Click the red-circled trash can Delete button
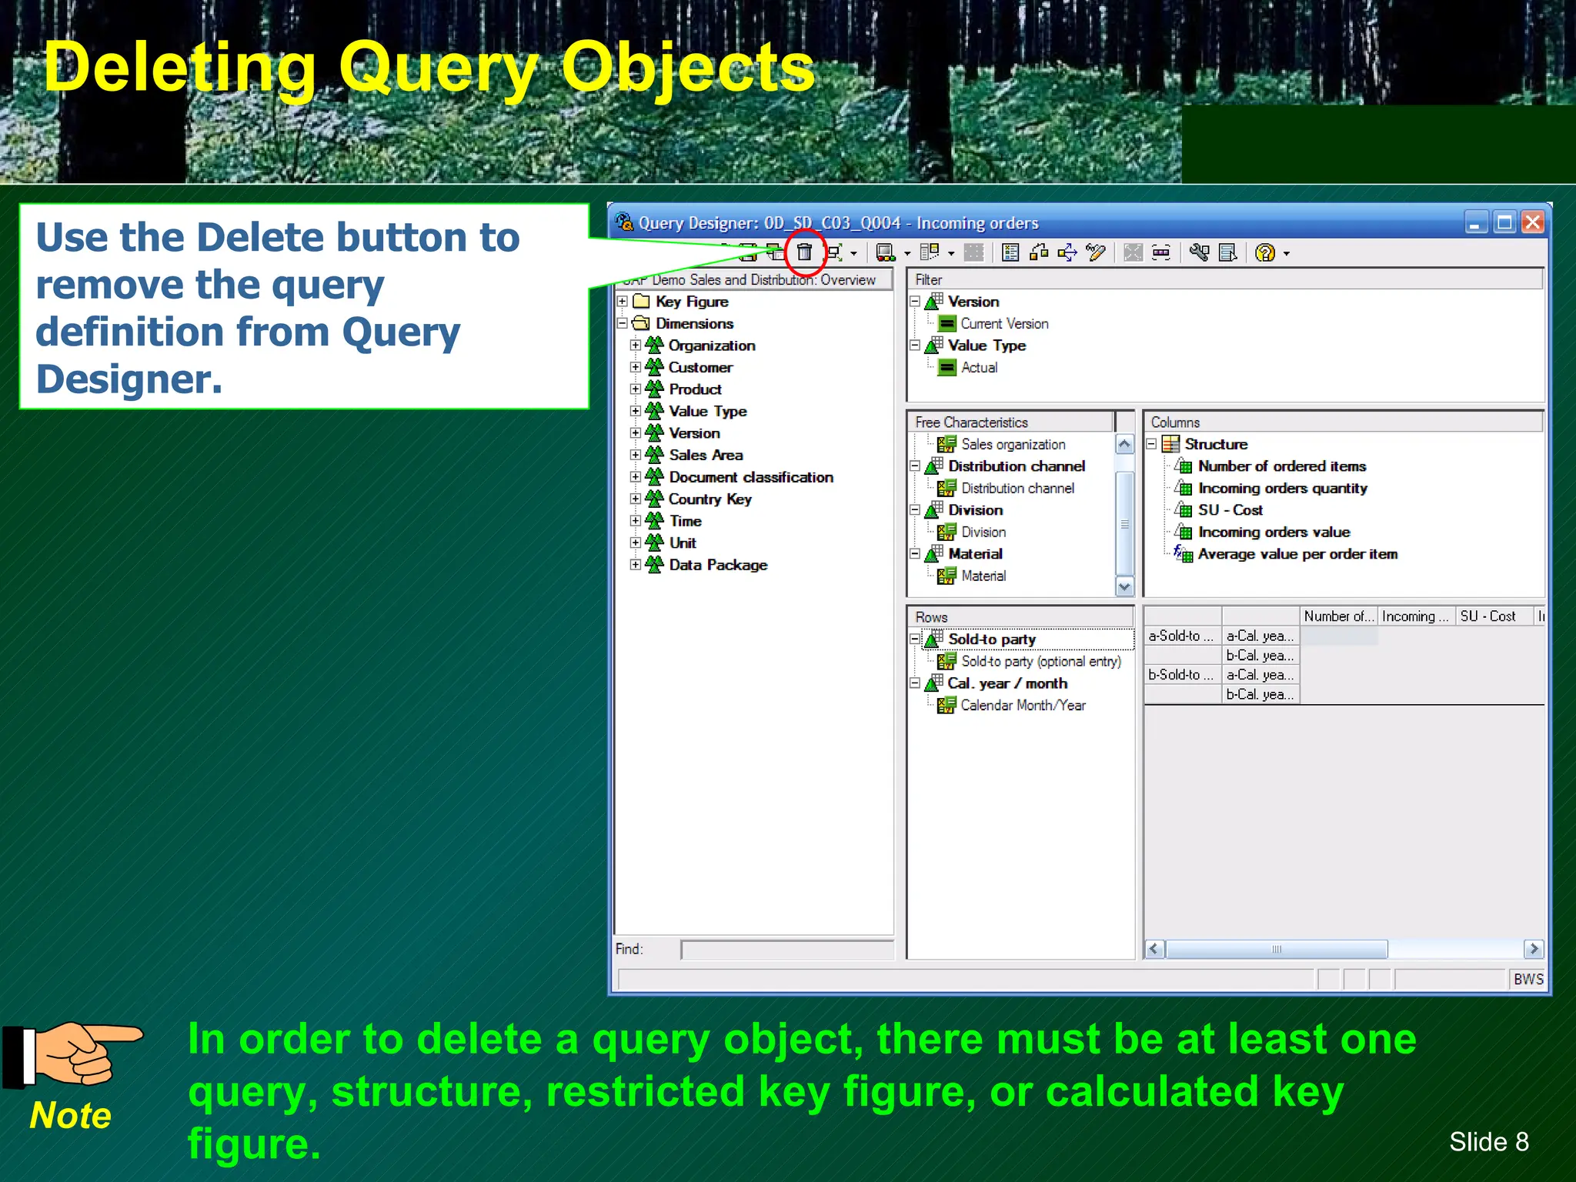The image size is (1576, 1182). [x=804, y=252]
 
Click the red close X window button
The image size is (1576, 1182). [x=1532, y=223]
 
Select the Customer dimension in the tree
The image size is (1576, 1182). [x=700, y=368]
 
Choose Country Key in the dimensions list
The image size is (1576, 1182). [x=710, y=499]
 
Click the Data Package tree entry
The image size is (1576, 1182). [x=717, y=566]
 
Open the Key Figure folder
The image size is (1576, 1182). [x=691, y=302]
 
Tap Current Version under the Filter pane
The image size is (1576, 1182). [x=1003, y=324]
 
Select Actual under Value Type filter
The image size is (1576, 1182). [x=978, y=368]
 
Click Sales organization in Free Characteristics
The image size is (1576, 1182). [x=1013, y=445]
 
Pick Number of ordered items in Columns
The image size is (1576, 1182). [x=1281, y=466]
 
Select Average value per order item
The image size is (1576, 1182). [x=1297, y=554]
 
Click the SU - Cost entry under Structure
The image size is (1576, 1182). [x=1230, y=510]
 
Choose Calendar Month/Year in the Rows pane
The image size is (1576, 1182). [x=1023, y=706]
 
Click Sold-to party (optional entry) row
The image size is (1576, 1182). [x=1040, y=662]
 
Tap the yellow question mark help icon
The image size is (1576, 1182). [x=1264, y=252]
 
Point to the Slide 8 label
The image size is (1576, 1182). [x=1488, y=1142]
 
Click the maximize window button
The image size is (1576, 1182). [x=1504, y=223]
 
